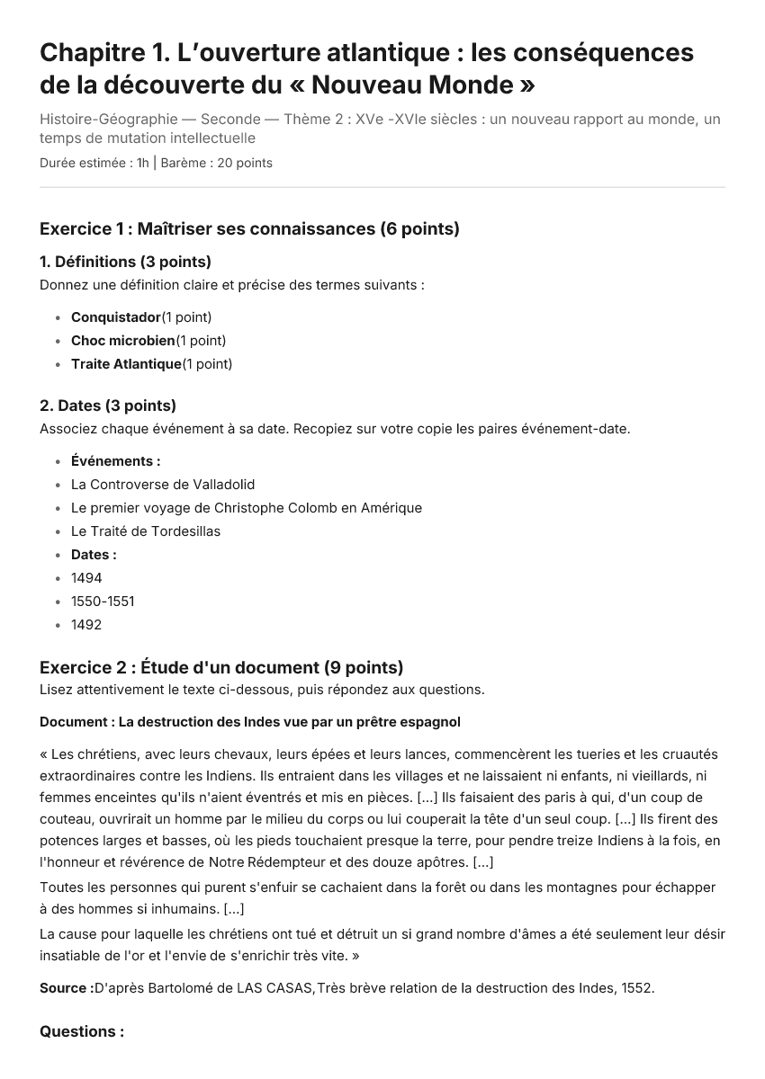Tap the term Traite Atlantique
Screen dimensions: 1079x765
point(126,364)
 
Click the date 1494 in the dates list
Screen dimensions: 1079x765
point(86,578)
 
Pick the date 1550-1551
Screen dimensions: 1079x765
point(103,602)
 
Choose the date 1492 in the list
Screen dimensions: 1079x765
point(86,625)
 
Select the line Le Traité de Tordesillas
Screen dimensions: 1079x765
point(146,531)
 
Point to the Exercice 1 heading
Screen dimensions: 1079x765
point(249,228)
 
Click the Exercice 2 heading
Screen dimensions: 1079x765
point(221,667)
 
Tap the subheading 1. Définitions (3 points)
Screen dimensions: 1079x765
point(125,262)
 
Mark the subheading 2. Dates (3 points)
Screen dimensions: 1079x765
point(108,406)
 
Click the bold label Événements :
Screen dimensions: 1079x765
point(116,461)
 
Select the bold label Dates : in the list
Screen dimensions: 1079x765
point(94,555)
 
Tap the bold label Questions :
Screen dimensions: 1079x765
point(82,1031)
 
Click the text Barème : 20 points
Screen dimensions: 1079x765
point(216,163)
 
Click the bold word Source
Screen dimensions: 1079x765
point(65,988)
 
